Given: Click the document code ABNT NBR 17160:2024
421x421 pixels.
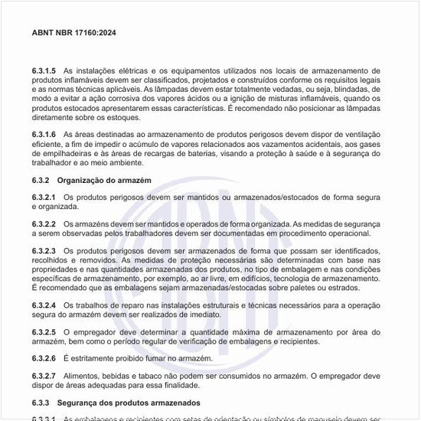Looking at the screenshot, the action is click(73, 34).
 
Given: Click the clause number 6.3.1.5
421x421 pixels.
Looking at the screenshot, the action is click(44, 70).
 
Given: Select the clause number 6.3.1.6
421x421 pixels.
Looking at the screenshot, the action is click(44, 135).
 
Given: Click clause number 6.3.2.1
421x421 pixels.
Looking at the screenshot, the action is click(44, 197).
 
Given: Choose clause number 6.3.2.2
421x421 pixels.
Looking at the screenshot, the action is click(44, 224).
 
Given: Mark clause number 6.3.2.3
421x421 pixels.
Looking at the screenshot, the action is click(44, 250).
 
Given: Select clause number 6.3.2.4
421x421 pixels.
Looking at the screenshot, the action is click(44, 305).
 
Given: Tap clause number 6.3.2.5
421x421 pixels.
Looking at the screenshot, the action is click(44, 332).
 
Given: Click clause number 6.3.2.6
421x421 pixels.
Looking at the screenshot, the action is click(44, 358).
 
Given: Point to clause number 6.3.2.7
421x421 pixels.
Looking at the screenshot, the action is click(44, 376).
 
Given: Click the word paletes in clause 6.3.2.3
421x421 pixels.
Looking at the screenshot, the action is click(318, 287).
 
